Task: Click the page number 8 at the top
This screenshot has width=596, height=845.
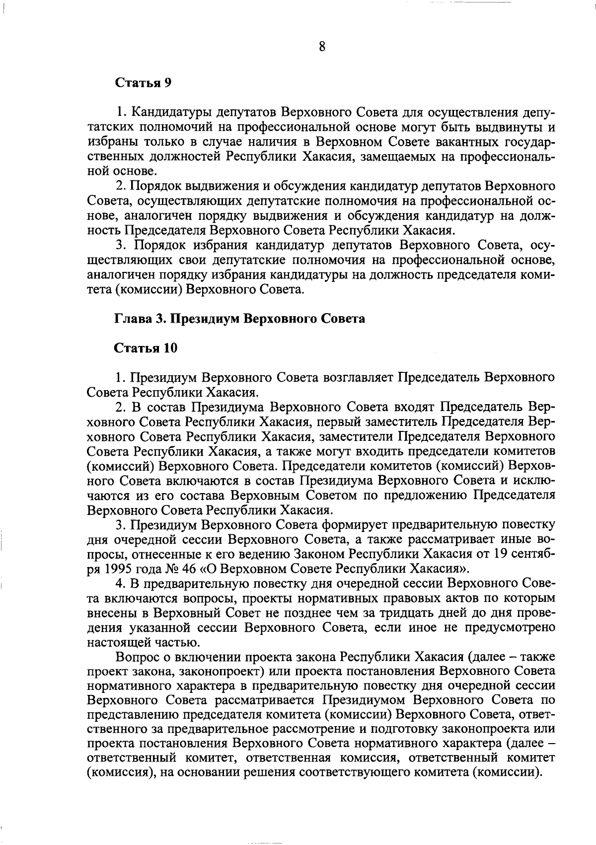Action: click(x=322, y=47)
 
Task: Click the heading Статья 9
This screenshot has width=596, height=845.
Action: click(x=143, y=83)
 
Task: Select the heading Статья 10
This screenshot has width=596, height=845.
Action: click(x=146, y=348)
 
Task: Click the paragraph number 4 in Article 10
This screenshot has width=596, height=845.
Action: click(x=119, y=583)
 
